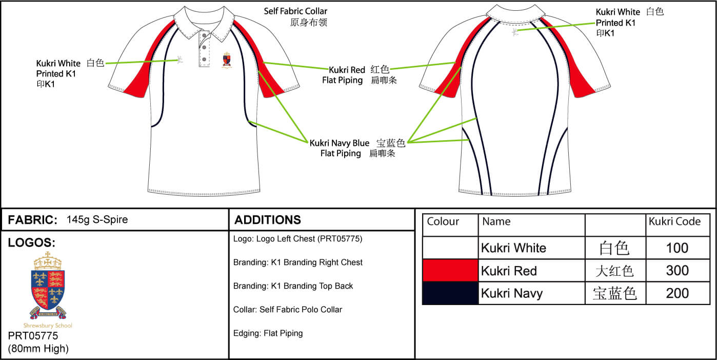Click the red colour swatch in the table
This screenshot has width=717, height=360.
coord(450,271)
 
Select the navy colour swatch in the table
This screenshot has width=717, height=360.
coord(450,293)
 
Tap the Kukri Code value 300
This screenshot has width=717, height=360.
coord(677,271)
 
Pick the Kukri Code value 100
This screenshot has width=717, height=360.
coord(677,248)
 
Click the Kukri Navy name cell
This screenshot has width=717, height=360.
coord(511,293)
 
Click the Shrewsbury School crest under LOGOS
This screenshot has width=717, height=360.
coord(48,285)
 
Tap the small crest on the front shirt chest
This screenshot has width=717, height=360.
coord(226,60)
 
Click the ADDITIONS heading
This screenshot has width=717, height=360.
coord(268,220)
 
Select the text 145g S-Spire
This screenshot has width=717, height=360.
coord(97,220)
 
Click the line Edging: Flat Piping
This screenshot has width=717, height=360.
coord(268,333)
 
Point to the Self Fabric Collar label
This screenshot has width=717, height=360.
coord(295,11)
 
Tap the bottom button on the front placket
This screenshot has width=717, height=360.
coord(204,60)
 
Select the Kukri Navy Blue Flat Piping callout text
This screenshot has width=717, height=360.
coord(340,148)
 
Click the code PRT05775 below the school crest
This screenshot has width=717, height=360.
coord(33,336)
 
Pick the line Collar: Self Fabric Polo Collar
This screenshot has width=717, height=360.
coord(287,310)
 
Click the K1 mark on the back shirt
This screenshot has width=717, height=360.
coord(514,32)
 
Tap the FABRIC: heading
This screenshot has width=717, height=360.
coord(32,220)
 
